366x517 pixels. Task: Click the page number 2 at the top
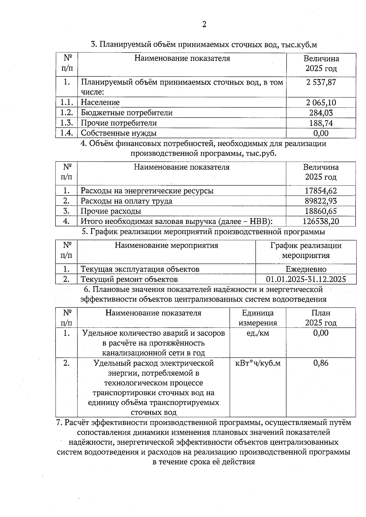204,24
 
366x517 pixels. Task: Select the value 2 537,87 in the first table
321,82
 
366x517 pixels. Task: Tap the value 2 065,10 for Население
321,102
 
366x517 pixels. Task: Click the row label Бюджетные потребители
127,113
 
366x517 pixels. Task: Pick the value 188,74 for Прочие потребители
321,123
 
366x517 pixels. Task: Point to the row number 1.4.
66,133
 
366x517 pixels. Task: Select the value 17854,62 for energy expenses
321,191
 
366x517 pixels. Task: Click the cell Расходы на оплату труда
126,201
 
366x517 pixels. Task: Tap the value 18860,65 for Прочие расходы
321,211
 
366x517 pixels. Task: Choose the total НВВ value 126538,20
321,221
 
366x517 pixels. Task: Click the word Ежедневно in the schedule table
306,269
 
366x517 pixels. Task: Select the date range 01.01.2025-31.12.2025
306,279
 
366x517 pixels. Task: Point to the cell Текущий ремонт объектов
129,279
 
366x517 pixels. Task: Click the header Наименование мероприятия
166,246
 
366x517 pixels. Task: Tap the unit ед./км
258,333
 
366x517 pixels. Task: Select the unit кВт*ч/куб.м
258,363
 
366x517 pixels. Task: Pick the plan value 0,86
321,363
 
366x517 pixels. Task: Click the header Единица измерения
258,318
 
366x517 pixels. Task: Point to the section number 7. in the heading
60,423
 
